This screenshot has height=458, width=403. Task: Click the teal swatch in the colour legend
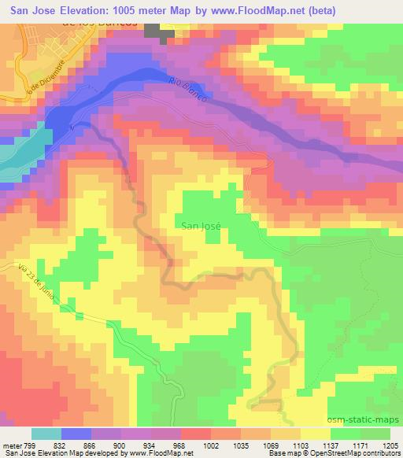click(x=45, y=434)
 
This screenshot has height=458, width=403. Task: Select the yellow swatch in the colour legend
click(x=314, y=434)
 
